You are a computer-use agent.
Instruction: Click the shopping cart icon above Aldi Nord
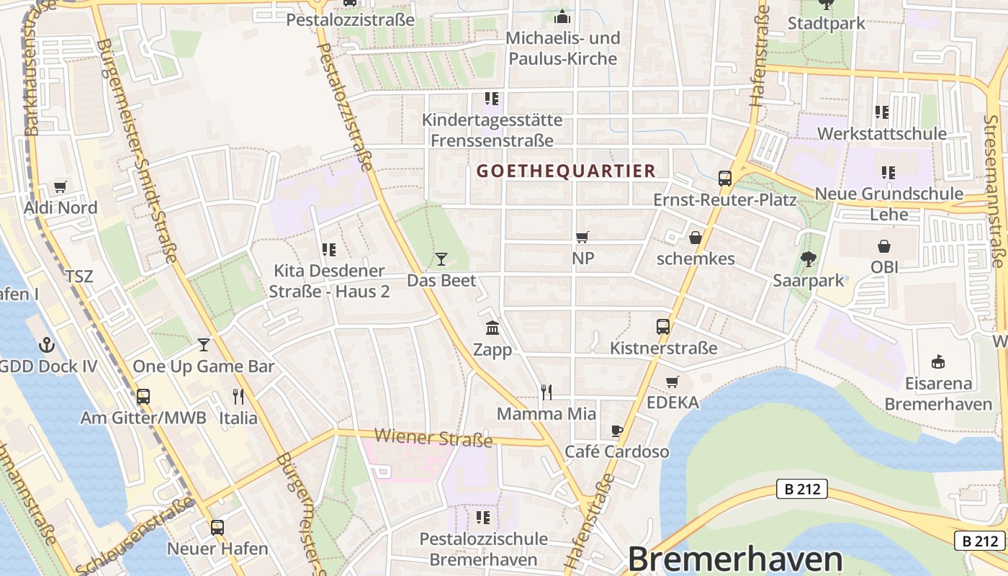(x=60, y=187)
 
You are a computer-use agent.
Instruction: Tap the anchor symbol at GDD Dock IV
(x=46, y=345)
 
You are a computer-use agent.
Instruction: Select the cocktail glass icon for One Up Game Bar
(x=204, y=345)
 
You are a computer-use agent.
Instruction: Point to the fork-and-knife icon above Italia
(x=238, y=396)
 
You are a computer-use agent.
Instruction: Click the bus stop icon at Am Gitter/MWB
(x=143, y=396)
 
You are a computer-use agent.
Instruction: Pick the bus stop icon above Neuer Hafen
(x=217, y=527)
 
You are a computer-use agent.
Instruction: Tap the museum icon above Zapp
(x=492, y=328)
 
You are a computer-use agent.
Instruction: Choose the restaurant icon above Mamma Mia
(x=546, y=392)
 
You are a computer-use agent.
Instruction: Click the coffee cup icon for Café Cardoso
(x=617, y=431)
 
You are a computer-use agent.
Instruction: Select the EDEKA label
(x=672, y=402)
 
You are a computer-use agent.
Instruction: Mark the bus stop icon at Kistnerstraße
(x=663, y=327)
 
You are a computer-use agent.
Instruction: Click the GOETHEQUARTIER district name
(x=566, y=171)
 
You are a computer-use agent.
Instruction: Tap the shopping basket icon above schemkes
(x=696, y=237)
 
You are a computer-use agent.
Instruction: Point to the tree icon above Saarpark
(x=809, y=259)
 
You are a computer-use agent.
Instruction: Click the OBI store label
(x=884, y=267)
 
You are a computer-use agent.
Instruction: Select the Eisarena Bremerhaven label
(x=938, y=393)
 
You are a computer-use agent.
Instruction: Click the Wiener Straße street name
(x=433, y=437)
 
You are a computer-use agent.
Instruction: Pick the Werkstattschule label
(x=881, y=134)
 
